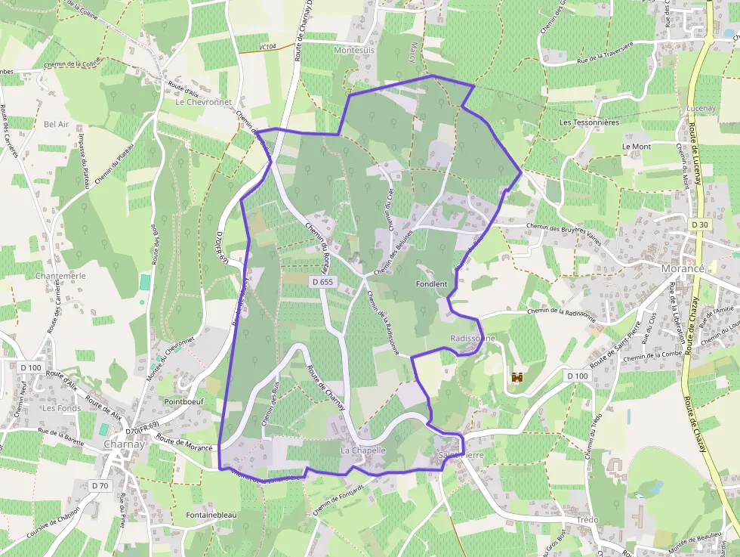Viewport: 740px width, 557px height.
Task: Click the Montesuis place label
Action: [x=353, y=49]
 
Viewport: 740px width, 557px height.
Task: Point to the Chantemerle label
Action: [x=60, y=276]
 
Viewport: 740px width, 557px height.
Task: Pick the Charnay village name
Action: [x=125, y=444]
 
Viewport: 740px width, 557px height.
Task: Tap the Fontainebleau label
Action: [x=211, y=515]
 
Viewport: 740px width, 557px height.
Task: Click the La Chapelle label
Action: [x=363, y=450]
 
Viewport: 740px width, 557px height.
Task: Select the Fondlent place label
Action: [x=432, y=284]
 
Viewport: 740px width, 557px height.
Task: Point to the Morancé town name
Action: [x=683, y=270]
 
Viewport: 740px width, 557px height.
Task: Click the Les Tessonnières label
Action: [x=589, y=122]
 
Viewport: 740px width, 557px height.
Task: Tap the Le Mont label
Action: [x=637, y=146]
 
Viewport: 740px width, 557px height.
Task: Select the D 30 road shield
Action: [x=700, y=224]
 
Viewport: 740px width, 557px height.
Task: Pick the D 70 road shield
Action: [x=99, y=485]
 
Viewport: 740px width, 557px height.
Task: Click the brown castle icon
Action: [x=518, y=376]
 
